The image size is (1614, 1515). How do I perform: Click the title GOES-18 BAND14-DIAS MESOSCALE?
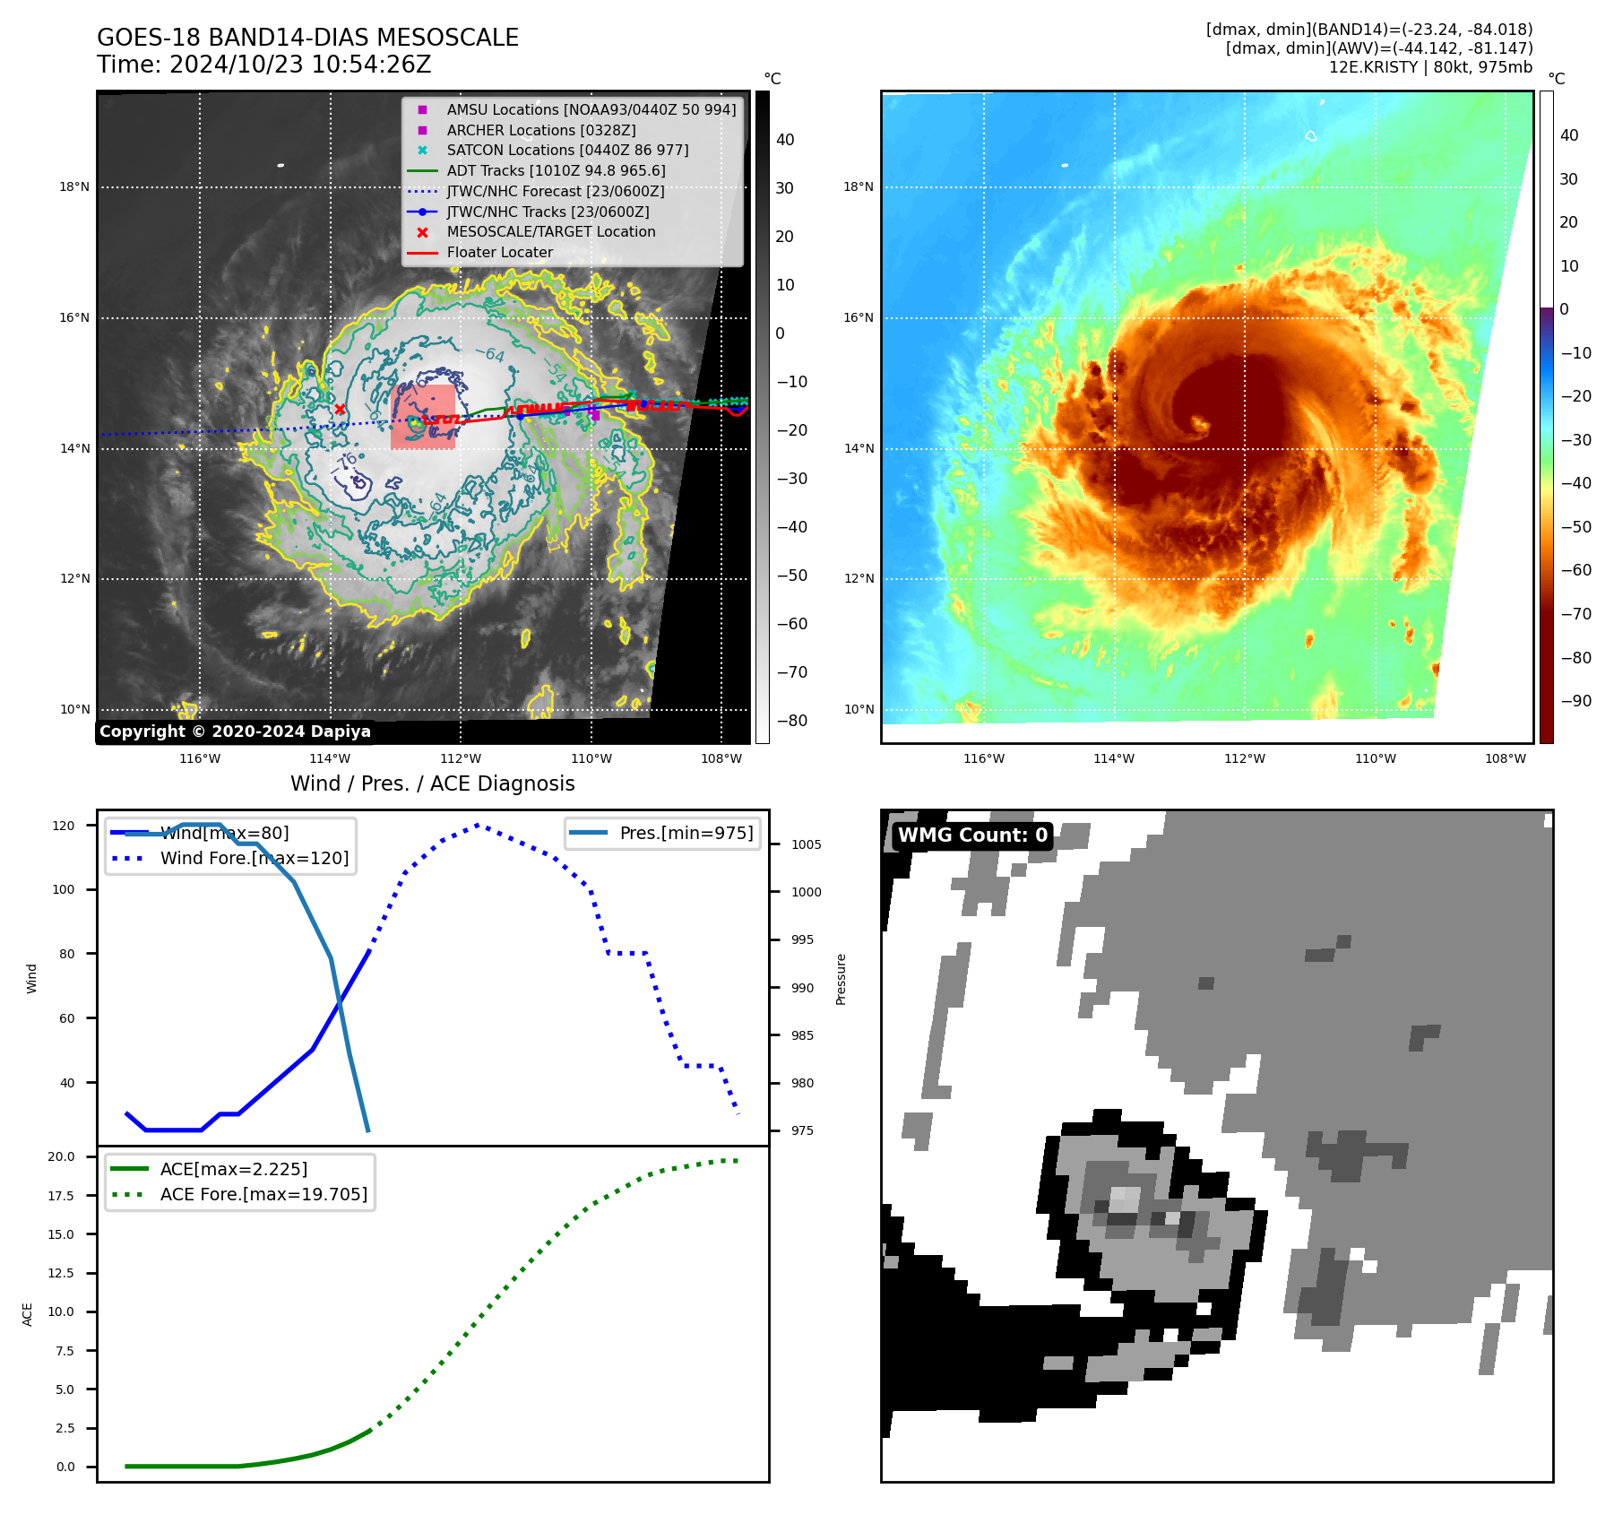click(307, 38)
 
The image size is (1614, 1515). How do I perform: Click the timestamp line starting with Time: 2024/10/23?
click(264, 65)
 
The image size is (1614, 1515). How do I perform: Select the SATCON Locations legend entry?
click(566, 150)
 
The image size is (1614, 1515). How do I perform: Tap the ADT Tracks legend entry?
click(555, 170)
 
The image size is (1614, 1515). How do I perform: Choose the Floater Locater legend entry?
click(499, 252)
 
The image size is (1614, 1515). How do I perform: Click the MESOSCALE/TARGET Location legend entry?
click(550, 231)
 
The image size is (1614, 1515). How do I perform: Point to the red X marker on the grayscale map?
click(340, 410)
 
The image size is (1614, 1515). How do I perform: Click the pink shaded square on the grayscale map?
click(423, 417)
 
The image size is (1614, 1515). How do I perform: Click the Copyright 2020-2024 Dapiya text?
click(235, 732)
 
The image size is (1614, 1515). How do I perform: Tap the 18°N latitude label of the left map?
click(74, 187)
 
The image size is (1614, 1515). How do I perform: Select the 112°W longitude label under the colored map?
click(1245, 758)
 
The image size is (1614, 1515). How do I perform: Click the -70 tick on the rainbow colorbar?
click(1575, 614)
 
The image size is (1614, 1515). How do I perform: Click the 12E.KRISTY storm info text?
click(1430, 67)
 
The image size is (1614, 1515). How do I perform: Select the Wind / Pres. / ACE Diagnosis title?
click(432, 783)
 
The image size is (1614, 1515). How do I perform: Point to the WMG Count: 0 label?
click(972, 835)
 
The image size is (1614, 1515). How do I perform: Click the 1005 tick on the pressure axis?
click(806, 844)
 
